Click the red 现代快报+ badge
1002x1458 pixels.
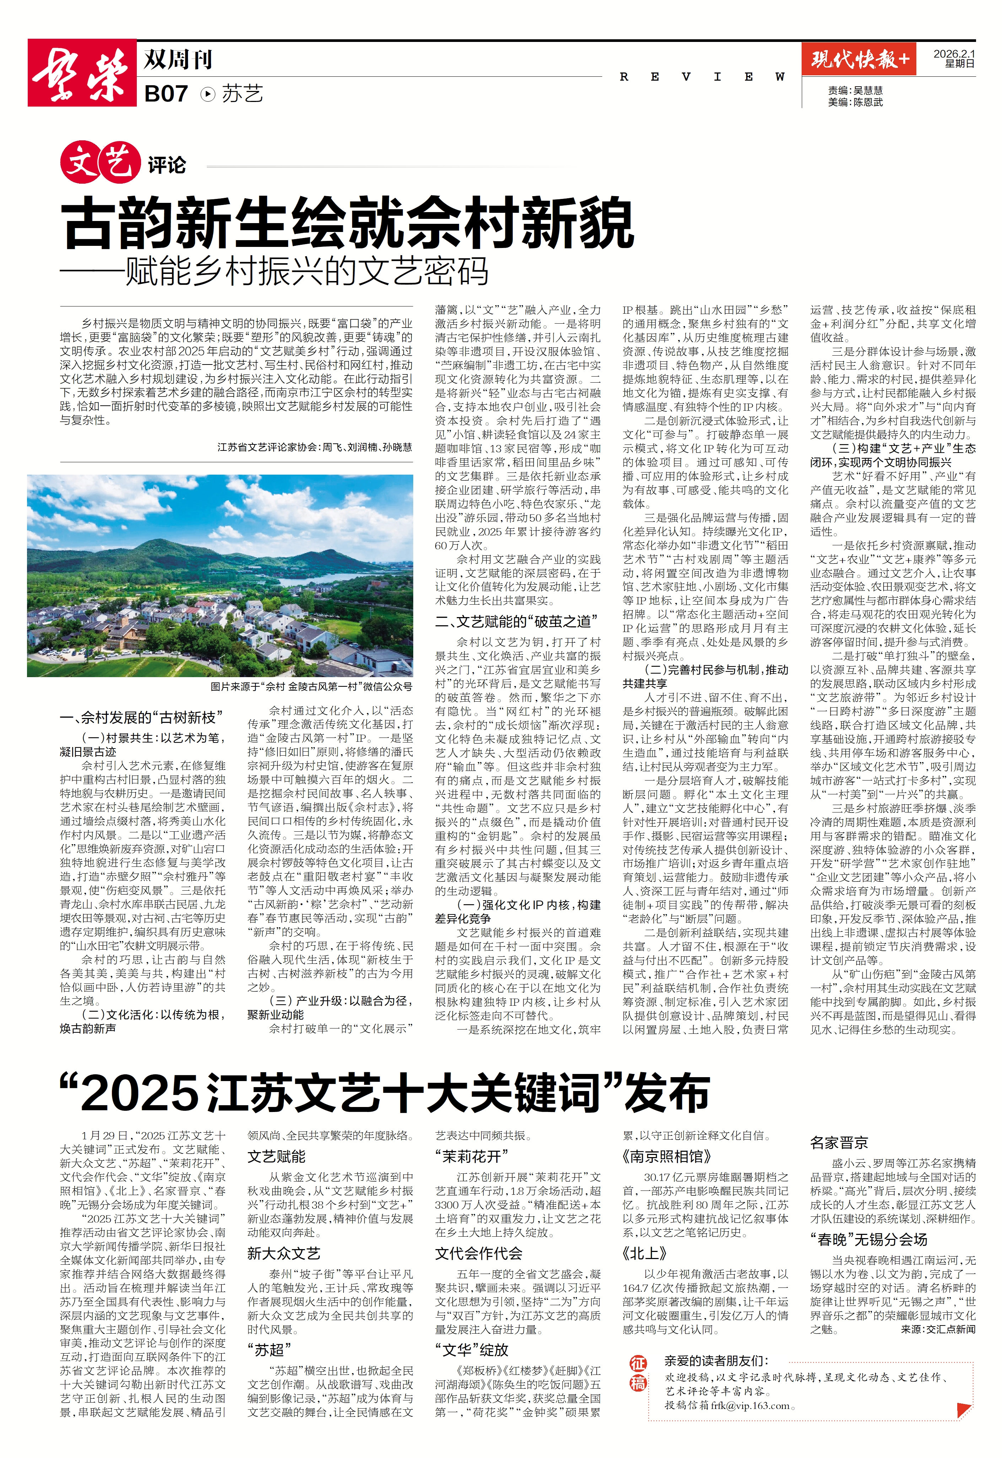[x=858, y=60]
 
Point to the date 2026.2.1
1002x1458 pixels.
[x=954, y=54]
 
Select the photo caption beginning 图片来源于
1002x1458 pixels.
[x=311, y=687]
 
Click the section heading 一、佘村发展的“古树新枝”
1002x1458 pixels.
[x=141, y=717]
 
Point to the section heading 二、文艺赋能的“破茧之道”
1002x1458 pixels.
[x=516, y=621]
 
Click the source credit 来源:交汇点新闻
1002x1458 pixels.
[x=938, y=1329]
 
